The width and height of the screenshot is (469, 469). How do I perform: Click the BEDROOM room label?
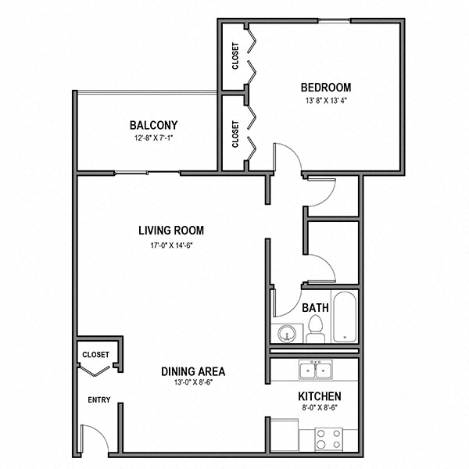coord(325,88)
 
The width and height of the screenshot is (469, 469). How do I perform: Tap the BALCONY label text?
coord(153,125)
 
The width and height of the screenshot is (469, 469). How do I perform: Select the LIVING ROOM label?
coord(171,231)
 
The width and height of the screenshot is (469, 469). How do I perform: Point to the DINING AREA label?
coord(193,371)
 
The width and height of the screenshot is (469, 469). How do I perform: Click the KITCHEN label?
coord(319,396)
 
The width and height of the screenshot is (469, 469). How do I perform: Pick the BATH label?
coord(314,308)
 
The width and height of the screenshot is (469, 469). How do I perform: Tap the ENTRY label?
coord(98,401)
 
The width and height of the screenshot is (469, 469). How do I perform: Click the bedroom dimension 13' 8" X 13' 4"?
coord(325,101)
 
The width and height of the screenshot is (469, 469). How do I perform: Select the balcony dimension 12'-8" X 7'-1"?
coord(153,138)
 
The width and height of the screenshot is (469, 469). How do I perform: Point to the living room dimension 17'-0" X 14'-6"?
coord(171,245)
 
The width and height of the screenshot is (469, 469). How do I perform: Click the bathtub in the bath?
coord(344,317)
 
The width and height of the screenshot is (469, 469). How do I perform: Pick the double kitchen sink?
coord(316,369)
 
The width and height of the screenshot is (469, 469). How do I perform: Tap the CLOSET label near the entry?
coord(95,355)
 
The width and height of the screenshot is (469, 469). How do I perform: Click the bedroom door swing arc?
coord(285,156)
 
